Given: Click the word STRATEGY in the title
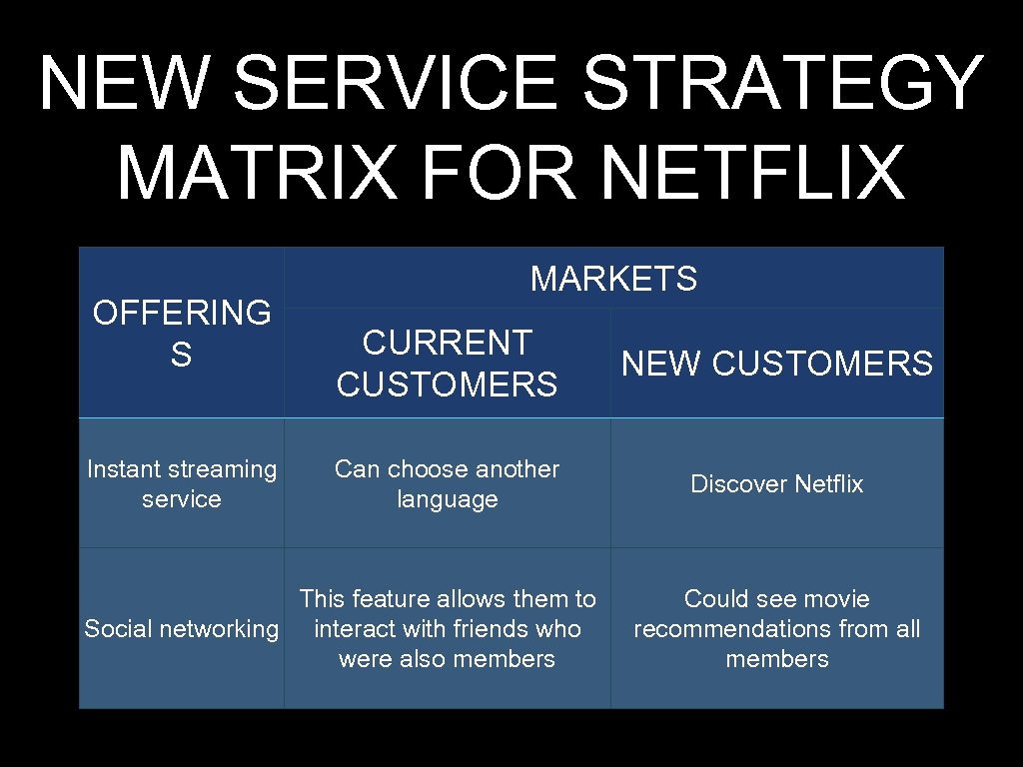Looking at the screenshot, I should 784,84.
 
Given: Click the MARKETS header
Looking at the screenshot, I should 613,279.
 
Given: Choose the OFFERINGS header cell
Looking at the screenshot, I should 181,334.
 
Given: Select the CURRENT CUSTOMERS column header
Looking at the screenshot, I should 447,363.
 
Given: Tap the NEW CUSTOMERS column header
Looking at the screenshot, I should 777,364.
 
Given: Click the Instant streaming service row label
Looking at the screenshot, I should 182,483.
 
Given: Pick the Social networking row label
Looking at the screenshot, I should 182,628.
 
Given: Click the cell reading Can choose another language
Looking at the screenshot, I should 447,483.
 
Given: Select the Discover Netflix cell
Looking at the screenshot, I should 777,484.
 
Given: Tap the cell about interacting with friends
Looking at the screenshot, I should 447,628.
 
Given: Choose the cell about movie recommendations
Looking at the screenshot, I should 777,628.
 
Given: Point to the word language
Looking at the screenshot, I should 447,499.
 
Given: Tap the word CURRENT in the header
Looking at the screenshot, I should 447,343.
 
